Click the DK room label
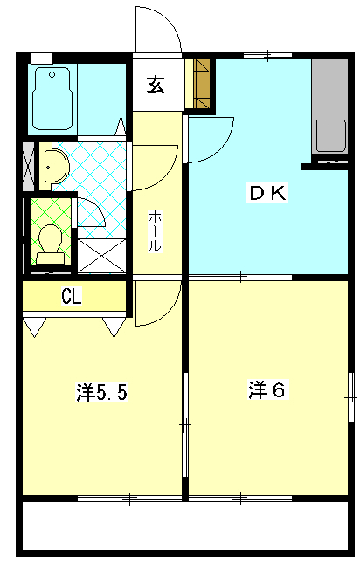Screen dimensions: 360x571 click(x=267, y=193)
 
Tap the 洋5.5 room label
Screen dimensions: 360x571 click(x=101, y=392)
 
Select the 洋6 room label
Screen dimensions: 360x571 click(x=267, y=389)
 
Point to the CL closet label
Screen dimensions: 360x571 click(x=72, y=296)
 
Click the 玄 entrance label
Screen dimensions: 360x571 click(x=156, y=85)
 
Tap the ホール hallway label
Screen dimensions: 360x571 click(x=155, y=231)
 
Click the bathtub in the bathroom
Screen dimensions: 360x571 click(x=52, y=99)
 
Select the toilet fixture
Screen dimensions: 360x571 click(x=50, y=244)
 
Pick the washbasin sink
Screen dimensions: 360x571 click(x=56, y=166)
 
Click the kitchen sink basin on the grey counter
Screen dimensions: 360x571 click(x=330, y=135)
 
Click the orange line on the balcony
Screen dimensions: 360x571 click(x=185, y=526)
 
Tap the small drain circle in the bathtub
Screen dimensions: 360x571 click(x=52, y=75)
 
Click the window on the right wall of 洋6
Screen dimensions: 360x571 click(x=351, y=397)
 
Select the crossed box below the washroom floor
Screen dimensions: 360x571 click(x=102, y=256)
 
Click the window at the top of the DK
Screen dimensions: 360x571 click(x=267, y=56)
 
